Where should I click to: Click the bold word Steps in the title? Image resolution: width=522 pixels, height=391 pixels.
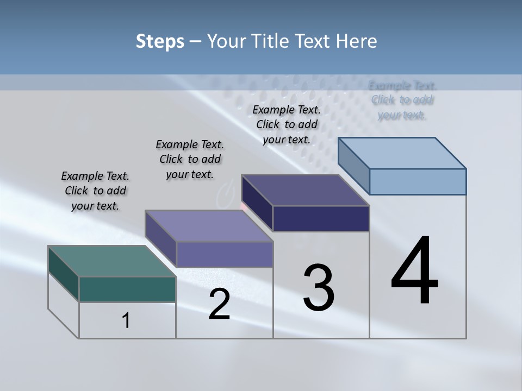click(160, 41)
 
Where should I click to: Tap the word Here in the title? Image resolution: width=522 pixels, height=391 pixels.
click(357, 41)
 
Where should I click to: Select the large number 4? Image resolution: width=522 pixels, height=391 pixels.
click(414, 272)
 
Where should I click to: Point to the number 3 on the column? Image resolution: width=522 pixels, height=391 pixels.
click(319, 288)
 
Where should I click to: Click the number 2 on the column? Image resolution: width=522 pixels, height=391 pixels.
click(219, 304)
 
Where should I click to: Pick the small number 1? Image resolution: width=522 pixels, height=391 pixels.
click(126, 320)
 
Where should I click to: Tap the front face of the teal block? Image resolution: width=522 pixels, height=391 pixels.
click(127, 289)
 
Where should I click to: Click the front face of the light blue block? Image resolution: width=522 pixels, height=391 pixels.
click(418, 181)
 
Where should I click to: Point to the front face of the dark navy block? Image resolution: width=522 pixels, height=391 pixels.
click(321, 218)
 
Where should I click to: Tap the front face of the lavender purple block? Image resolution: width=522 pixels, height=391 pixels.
click(224, 254)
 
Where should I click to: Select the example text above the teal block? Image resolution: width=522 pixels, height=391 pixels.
click(95, 191)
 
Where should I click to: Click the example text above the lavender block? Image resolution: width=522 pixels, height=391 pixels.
click(190, 160)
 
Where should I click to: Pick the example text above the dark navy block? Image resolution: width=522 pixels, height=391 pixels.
click(287, 125)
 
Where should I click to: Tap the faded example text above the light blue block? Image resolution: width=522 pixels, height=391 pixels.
click(402, 100)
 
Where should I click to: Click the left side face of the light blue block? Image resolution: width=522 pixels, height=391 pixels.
click(353, 166)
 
